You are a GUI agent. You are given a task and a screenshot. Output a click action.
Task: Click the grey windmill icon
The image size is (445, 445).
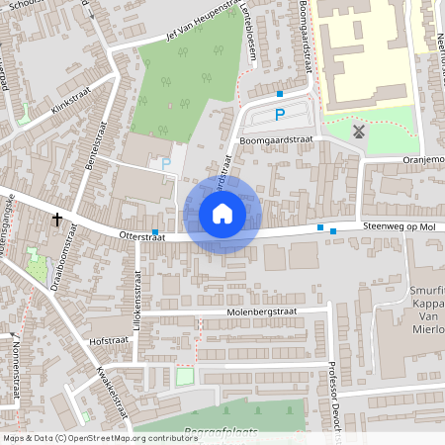click(358, 131)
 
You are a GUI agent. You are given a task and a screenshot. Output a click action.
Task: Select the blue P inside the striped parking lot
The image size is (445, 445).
click(280, 115)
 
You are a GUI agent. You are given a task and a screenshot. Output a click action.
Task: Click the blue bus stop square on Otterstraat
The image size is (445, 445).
click(155, 230)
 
